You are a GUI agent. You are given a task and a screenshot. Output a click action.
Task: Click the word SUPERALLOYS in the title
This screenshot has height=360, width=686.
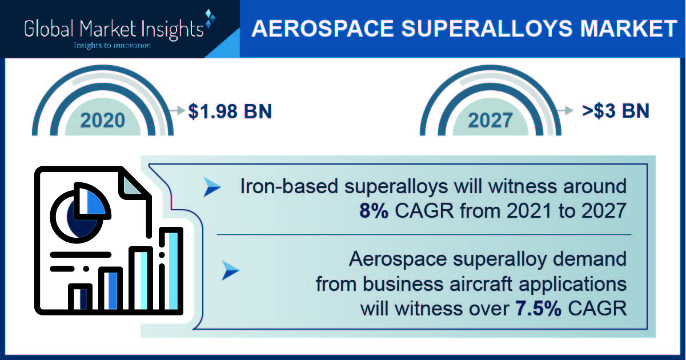pyautogui.click(x=486, y=29)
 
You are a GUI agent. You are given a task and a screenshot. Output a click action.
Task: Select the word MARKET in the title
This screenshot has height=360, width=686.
pyautogui.click(x=628, y=29)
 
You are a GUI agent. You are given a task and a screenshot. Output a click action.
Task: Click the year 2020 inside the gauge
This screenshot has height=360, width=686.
pyautogui.click(x=103, y=120)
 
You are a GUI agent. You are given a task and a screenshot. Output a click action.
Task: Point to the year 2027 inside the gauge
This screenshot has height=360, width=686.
pyautogui.click(x=490, y=120)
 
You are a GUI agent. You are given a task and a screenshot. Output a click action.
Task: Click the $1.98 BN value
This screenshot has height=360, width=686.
pyautogui.click(x=230, y=111)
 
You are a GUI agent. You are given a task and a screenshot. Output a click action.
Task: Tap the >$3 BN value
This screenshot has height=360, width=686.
pyautogui.click(x=616, y=111)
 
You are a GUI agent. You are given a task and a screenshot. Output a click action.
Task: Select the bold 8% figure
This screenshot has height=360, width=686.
pyautogui.click(x=374, y=211)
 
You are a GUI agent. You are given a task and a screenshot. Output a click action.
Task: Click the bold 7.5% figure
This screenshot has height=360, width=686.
pyautogui.click(x=539, y=308)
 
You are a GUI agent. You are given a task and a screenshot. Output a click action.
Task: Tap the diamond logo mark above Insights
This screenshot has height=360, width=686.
pyautogui.click(x=210, y=18)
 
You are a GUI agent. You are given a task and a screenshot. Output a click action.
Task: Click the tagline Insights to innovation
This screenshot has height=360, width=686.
pyautogui.click(x=113, y=46)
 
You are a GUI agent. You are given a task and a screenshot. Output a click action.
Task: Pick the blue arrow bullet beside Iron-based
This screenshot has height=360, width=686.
pyautogui.click(x=212, y=187)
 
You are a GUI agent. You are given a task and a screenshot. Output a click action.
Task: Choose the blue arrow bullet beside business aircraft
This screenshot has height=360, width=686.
pyautogui.click(x=230, y=270)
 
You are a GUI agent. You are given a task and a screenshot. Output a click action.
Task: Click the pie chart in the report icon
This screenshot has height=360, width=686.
pyautogui.click(x=80, y=213)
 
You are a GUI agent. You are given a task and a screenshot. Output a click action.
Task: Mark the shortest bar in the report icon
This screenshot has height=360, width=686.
pyautogui.click(x=80, y=297)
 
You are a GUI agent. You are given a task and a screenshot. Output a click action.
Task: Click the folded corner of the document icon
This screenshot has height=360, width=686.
pyautogui.click(x=131, y=184)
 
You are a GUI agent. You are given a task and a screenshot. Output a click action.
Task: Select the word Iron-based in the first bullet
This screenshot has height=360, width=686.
pyautogui.click(x=289, y=186)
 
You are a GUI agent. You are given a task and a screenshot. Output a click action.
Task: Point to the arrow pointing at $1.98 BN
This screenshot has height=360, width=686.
pyautogui.click(x=177, y=110)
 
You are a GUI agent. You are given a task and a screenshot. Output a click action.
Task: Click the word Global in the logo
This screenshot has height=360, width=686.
pyautogui.click(x=49, y=29)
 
